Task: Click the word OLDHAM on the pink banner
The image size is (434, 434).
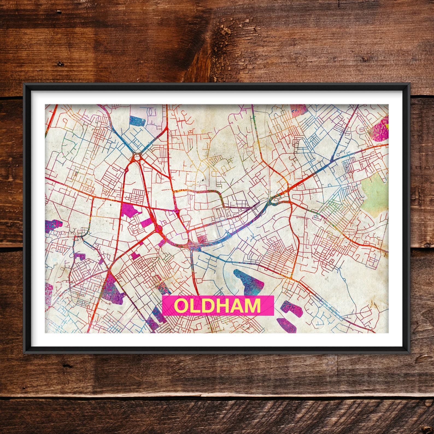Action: [218, 306]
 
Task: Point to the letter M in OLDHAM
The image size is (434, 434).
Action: [252, 306]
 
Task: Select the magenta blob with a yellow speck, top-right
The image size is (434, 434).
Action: [382, 130]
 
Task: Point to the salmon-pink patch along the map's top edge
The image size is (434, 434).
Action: [298, 110]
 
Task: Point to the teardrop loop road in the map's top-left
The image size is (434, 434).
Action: [66, 120]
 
